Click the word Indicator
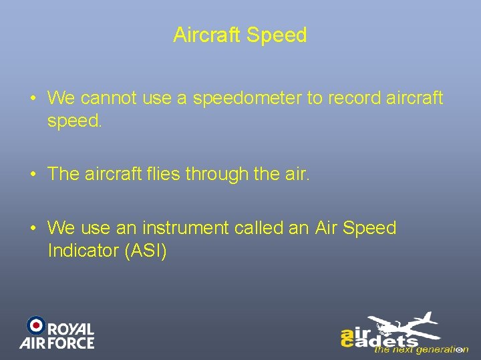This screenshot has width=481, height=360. [x=79, y=251]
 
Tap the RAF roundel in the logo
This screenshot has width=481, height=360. [x=35, y=325]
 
